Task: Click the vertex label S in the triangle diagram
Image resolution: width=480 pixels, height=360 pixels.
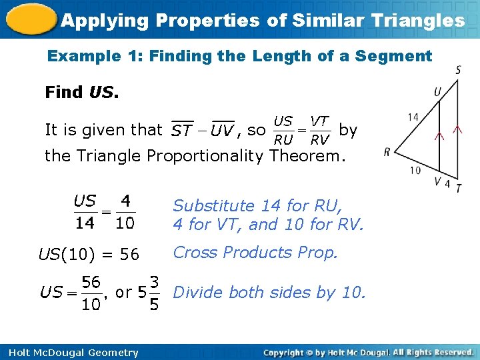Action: coord(458,71)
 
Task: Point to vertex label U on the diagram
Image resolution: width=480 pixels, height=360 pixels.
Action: coord(437,91)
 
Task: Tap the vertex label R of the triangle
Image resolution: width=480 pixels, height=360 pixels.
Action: coord(387,152)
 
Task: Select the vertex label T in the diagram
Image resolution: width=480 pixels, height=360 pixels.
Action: coord(459,188)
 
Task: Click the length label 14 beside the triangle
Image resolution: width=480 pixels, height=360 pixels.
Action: coord(413,117)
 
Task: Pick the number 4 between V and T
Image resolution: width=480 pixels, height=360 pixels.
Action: coord(447,183)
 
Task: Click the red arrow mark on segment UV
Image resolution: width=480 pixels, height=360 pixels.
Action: coord(439,135)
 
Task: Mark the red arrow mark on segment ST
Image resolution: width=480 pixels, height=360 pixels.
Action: coord(457,131)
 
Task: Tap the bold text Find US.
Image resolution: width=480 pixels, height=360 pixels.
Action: coord(81,92)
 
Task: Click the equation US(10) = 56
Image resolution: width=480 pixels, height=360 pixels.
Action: coord(89,254)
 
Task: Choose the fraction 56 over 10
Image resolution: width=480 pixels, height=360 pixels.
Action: coord(91,293)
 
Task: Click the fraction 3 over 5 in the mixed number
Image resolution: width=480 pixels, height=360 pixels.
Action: coord(153,293)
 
